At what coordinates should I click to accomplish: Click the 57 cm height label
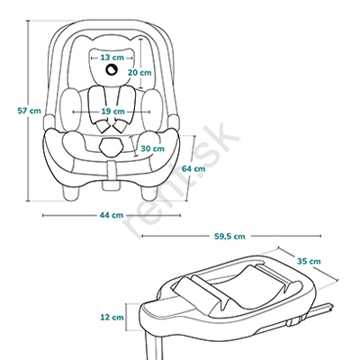coord(29,111)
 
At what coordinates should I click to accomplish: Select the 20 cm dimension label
coord(139,73)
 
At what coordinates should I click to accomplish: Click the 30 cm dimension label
coord(153,148)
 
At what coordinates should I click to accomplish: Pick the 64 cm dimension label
coord(193,168)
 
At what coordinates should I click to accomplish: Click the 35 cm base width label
coord(309,261)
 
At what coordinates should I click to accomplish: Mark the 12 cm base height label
coord(112,317)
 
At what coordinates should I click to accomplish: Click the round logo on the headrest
coord(112,69)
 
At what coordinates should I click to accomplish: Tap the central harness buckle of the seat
coord(112,147)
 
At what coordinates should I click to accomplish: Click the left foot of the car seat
coord(72,192)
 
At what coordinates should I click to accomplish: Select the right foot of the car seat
coord(149,192)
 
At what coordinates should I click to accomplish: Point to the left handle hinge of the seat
coord(49,122)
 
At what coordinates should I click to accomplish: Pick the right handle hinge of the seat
coord(174,122)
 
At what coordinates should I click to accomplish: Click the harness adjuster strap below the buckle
coord(112,170)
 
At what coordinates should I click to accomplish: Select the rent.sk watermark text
coord(181,180)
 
